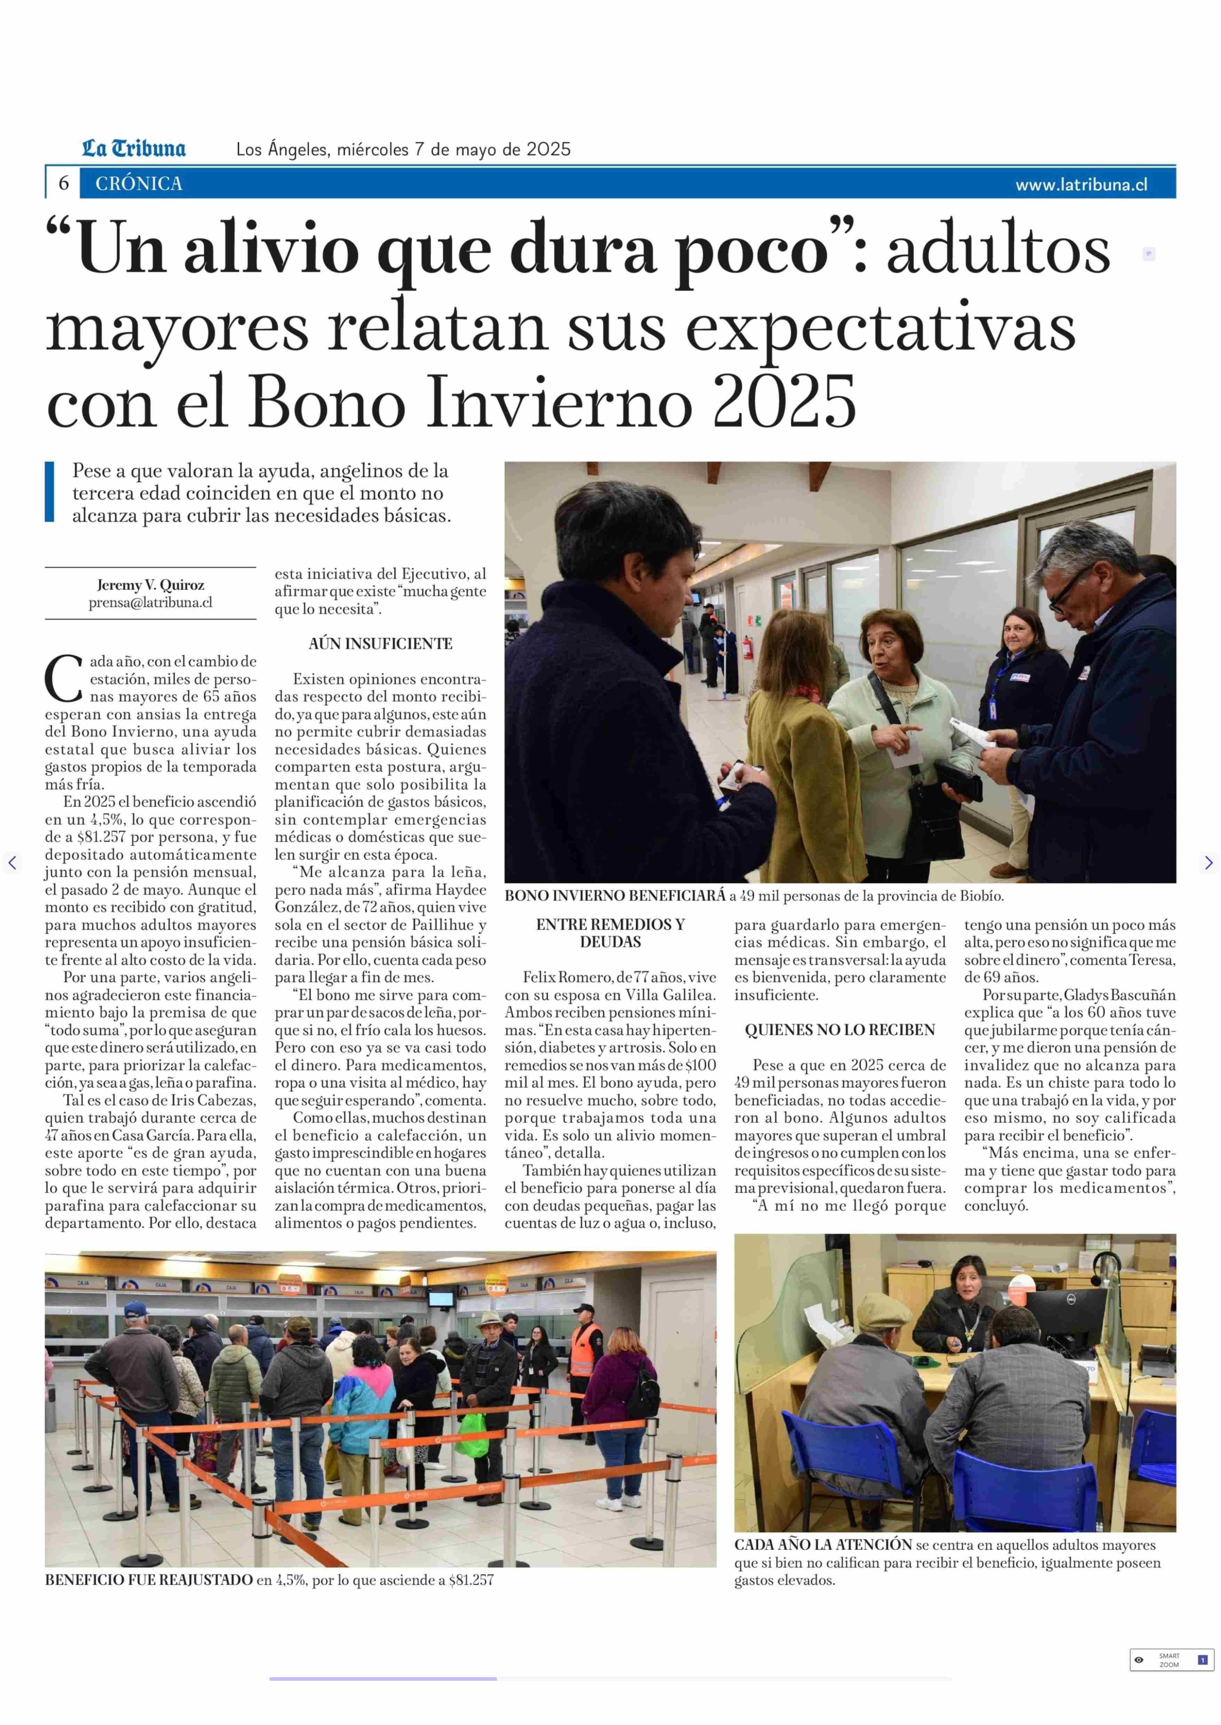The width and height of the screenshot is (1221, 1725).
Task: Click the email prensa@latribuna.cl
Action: click(150, 602)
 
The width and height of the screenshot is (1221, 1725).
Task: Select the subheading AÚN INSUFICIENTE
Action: click(380, 643)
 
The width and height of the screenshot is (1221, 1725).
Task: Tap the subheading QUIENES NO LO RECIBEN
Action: click(840, 1030)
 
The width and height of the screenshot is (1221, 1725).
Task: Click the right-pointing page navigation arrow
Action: click(1208, 862)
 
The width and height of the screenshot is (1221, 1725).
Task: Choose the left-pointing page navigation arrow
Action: click(12, 862)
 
